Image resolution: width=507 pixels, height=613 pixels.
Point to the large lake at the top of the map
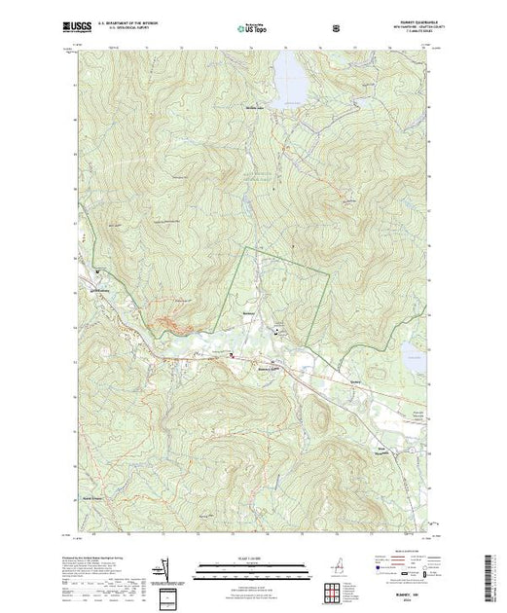[290, 78]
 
